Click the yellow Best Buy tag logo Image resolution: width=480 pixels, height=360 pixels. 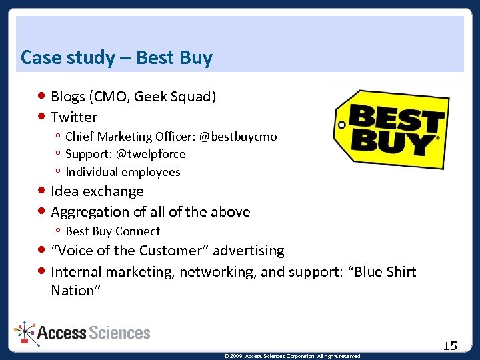pos(390,130)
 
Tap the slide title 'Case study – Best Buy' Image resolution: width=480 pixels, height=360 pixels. pos(117,58)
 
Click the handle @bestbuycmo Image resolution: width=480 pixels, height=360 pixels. pos(238,137)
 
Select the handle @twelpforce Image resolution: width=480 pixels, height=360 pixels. pos(151,154)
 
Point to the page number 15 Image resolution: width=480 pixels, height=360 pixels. pos(450,345)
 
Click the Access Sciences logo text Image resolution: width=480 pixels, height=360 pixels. pos(94,333)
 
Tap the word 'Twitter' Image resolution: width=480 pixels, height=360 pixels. pos(74,117)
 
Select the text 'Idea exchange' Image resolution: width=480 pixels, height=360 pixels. pos(97,191)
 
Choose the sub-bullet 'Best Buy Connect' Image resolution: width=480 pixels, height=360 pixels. pos(113,231)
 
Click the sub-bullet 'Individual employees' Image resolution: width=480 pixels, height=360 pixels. pos(123,172)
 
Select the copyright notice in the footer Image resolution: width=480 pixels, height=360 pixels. pos(293,356)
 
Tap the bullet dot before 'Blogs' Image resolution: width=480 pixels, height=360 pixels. pos(42,97)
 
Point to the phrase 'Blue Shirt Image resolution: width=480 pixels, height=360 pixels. pos(383,272)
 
